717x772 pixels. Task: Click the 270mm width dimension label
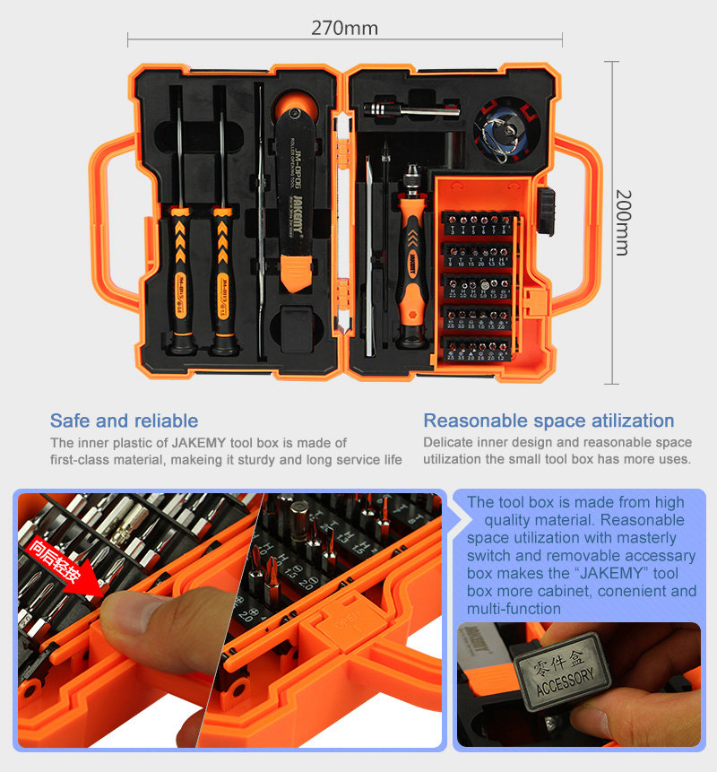(344, 28)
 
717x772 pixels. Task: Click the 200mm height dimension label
(622, 221)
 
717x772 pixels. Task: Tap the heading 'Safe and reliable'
(124, 421)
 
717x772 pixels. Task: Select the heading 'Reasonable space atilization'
(549, 421)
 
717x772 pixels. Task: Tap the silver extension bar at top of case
(412, 110)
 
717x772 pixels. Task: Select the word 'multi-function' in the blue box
(514, 609)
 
